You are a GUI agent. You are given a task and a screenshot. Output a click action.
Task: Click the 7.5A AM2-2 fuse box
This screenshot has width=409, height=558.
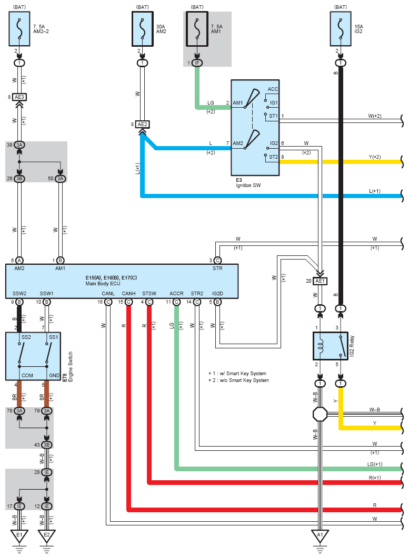click(19, 29)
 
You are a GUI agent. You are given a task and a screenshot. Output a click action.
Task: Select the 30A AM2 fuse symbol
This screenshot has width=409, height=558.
click(143, 29)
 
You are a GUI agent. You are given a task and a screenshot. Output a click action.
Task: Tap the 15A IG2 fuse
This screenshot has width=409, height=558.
click(341, 29)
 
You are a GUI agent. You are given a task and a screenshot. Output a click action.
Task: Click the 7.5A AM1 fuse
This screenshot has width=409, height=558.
click(197, 29)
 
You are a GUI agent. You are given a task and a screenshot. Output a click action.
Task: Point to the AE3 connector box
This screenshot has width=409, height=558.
click(19, 97)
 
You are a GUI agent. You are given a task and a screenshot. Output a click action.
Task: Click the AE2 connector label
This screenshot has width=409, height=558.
click(142, 124)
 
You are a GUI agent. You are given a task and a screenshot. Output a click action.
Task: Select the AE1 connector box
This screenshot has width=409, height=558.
click(320, 281)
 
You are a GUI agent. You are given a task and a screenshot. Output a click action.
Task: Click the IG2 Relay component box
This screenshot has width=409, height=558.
click(331, 346)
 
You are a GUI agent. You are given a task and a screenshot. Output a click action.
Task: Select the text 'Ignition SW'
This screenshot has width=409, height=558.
click(248, 185)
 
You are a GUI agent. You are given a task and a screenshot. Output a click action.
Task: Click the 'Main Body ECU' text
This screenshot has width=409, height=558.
click(103, 284)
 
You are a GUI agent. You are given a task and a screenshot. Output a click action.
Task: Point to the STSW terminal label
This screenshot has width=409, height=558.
click(149, 294)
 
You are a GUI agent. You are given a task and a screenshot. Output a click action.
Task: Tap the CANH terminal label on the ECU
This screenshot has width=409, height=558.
click(129, 294)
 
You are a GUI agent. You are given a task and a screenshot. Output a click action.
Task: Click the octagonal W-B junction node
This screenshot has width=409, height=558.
click(320, 414)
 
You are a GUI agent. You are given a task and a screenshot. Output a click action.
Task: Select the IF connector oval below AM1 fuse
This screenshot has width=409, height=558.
click(197, 63)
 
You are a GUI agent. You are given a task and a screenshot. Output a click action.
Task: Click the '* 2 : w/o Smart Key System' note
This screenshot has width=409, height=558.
click(238, 380)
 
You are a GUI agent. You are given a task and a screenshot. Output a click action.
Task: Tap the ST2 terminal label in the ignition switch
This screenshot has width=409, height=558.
click(273, 157)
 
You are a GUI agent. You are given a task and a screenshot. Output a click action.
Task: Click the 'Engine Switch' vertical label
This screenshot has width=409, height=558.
click(70, 367)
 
